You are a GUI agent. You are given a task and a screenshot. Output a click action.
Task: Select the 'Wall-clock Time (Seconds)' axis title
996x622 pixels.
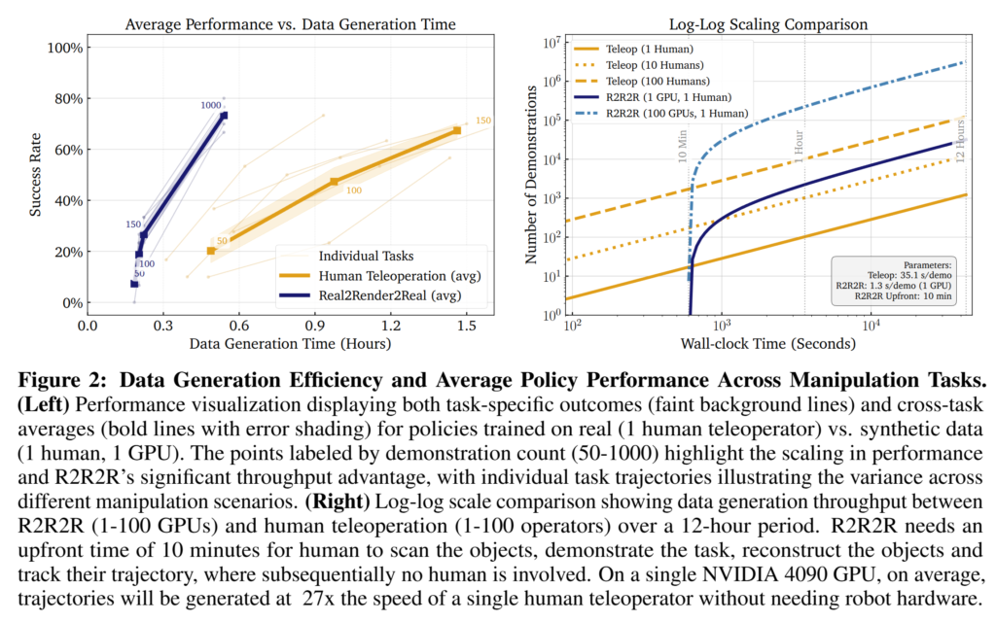765,345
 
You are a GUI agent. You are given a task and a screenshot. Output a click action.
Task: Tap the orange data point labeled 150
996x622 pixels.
457,130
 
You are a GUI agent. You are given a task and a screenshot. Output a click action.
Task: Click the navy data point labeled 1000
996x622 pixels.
224,116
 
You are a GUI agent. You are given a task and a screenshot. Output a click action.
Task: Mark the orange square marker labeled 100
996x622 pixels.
334,182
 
